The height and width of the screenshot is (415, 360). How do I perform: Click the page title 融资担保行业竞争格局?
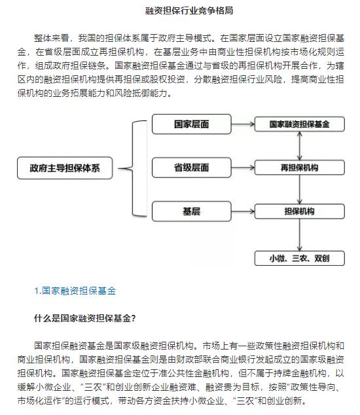pyautogui.click(x=189, y=10)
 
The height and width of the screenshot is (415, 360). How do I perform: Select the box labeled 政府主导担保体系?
pyautogui.click(x=65, y=168)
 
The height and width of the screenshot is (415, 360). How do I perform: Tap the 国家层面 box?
pyautogui.click(x=192, y=124)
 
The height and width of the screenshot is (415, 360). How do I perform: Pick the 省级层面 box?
pyautogui.click(x=192, y=168)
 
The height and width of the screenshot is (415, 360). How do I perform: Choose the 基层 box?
pyautogui.click(x=192, y=211)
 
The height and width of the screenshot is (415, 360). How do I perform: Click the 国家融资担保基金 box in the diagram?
pyautogui.click(x=300, y=124)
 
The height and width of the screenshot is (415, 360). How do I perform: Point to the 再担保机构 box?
pyautogui.click(x=300, y=168)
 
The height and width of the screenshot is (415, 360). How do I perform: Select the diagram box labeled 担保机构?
pyautogui.click(x=300, y=211)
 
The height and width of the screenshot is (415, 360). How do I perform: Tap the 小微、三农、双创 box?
pyautogui.click(x=300, y=258)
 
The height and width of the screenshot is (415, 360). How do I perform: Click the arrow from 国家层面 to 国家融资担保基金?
pyautogui.click(x=243, y=124)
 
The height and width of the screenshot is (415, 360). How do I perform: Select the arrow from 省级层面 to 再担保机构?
pyautogui.click(x=243, y=168)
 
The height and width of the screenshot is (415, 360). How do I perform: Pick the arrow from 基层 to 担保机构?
pyautogui.click(x=243, y=211)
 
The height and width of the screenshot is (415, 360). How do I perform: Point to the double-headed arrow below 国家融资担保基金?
pyautogui.click(x=300, y=146)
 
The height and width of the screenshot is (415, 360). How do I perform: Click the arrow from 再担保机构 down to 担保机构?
pyautogui.click(x=300, y=190)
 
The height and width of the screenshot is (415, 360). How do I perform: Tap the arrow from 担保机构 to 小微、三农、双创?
pyautogui.click(x=300, y=235)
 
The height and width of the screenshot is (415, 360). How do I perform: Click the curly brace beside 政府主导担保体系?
pyautogui.click(x=132, y=168)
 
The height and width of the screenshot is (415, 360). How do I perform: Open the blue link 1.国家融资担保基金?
pyautogui.click(x=75, y=291)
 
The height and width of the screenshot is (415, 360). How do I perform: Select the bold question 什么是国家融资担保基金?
pyautogui.click(x=85, y=318)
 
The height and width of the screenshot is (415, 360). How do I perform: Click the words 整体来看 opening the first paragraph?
pyautogui.click(x=52, y=38)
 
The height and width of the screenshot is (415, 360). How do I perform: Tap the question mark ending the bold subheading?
pyautogui.click(x=134, y=318)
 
